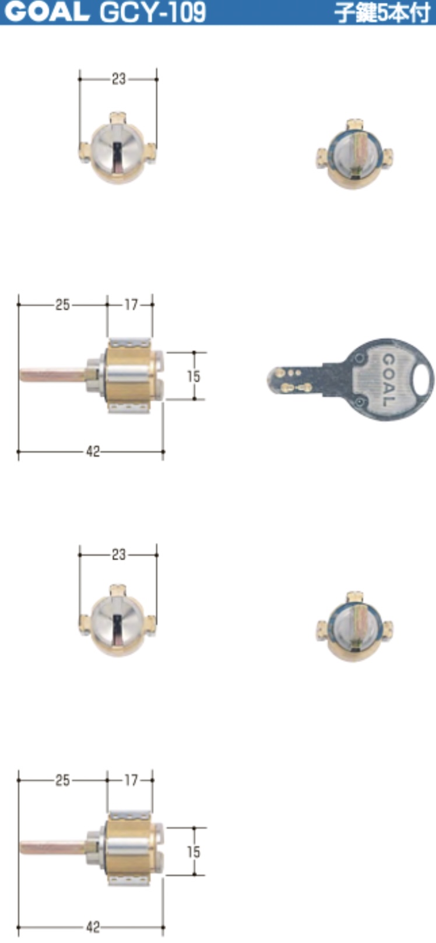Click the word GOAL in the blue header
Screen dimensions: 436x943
(x=47, y=12)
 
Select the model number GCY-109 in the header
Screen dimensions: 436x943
(x=153, y=13)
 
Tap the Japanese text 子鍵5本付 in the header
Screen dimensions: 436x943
(x=382, y=13)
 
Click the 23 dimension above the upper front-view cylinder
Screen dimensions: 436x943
(x=118, y=79)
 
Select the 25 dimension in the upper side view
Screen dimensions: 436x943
(x=62, y=305)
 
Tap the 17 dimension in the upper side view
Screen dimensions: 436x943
(x=131, y=305)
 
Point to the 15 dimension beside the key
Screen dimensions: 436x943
(x=194, y=376)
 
